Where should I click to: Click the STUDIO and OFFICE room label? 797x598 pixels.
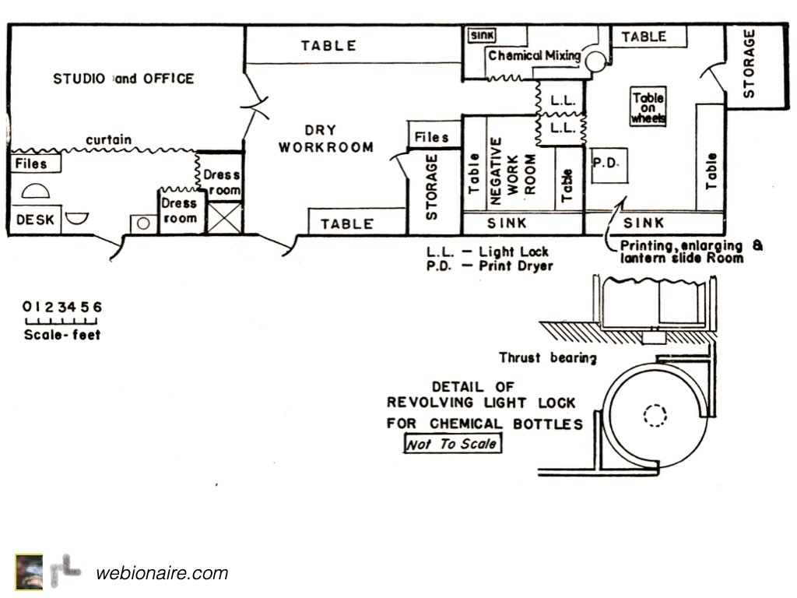pyautogui.click(x=123, y=79)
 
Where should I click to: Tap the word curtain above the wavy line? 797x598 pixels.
pyautogui.click(x=108, y=140)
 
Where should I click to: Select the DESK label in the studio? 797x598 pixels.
pyautogui.click(x=36, y=220)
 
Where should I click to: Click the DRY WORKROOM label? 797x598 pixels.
pyautogui.click(x=326, y=139)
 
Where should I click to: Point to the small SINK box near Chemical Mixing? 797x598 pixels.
pyautogui.click(x=483, y=35)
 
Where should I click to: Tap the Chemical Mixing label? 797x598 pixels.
pyautogui.click(x=534, y=56)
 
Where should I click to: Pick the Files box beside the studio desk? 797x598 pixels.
pyautogui.click(x=31, y=164)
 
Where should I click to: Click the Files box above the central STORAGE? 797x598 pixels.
pyautogui.click(x=431, y=138)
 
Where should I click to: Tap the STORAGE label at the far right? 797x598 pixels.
pyautogui.click(x=750, y=64)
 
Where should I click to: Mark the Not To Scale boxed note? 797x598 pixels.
pyautogui.click(x=452, y=444)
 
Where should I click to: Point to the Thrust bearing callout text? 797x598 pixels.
pyautogui.click(x=548, y=358)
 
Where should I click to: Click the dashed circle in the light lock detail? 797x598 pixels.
pyautogui.click(x=655, y=415)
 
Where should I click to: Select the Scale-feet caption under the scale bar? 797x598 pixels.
pyautogui.click(x=62, y=336)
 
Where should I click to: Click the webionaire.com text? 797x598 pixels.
pyautogui.click(x=162, y=574)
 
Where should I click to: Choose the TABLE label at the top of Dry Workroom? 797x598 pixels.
pyautogui.click(x=328, y=46)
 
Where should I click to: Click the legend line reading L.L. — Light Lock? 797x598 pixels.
pyautogui.click(x=487, y=252)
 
